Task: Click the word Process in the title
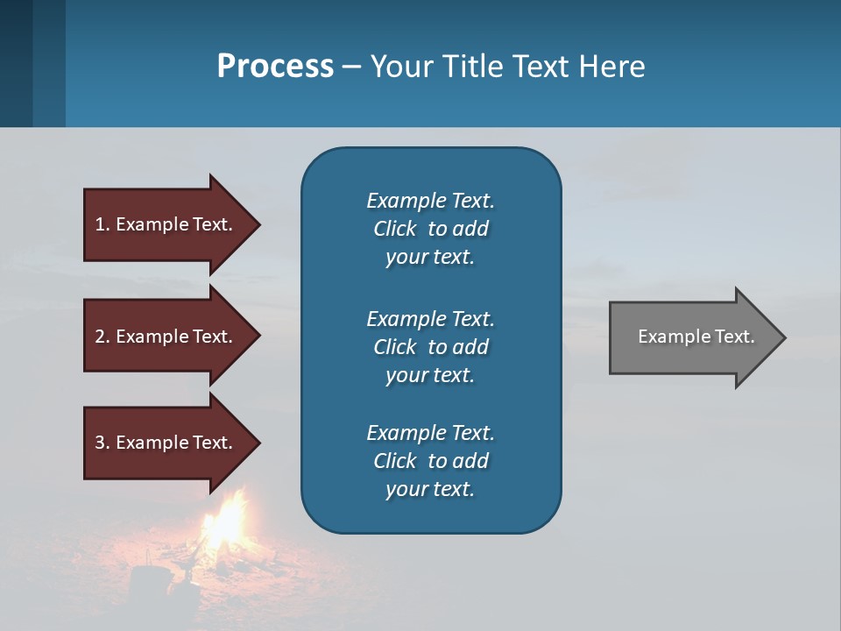(275, 67)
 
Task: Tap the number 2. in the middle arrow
(102, 337)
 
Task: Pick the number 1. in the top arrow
(102, 224)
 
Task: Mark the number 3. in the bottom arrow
(102, 443)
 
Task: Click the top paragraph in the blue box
(430, 229)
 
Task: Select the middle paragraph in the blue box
(430, 347)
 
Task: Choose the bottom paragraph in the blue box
(430, 461)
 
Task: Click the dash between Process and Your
(351, 67)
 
